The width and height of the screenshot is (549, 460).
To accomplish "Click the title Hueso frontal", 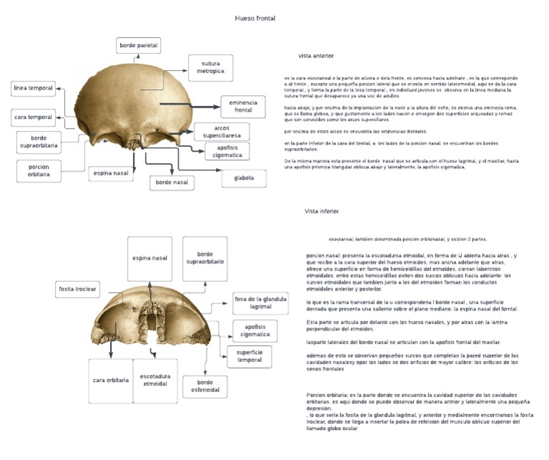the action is pos(255,18).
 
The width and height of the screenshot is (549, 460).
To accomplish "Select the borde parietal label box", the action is pos(138,46).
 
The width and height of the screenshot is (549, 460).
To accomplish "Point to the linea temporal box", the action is pos(34,88).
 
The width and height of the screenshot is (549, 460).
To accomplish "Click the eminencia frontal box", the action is pos(243,107).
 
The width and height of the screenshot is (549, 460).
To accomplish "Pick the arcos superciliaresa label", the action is pos(222,131).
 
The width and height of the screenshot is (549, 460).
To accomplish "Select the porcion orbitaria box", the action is pos(34,170).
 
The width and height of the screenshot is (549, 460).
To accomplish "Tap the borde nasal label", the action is pos(172,182).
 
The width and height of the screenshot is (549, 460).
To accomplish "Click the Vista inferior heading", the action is pos(321,212).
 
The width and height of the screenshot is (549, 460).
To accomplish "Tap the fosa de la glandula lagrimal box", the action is pos(259,304).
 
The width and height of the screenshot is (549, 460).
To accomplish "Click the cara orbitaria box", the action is pos(110,380).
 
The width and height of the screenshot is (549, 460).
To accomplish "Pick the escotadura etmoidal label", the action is pos(155,380).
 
